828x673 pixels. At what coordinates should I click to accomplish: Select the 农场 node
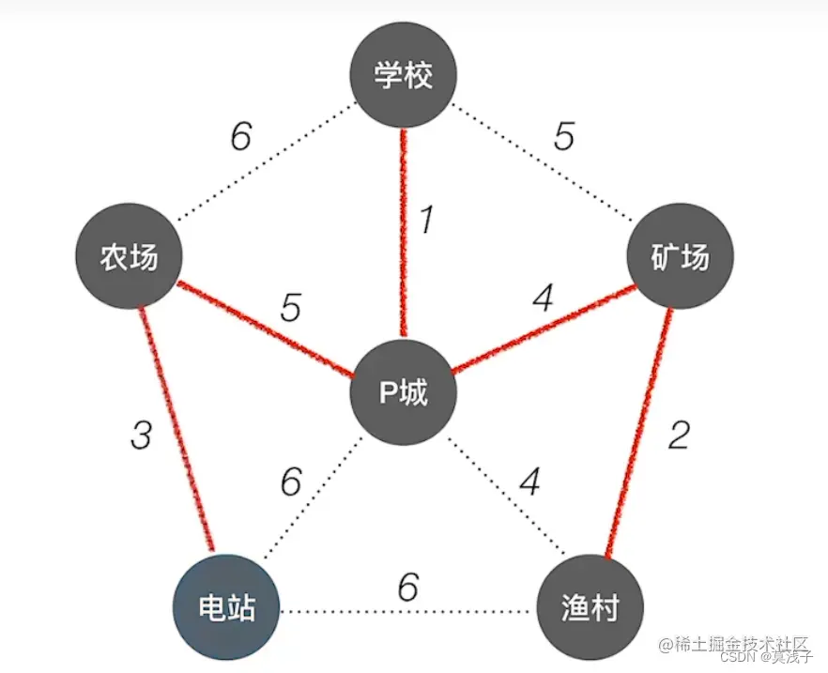click(x=130, y=258)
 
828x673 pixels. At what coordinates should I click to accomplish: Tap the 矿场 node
click(x=680, y=257)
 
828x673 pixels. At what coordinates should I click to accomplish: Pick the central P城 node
click(x=404, y=392)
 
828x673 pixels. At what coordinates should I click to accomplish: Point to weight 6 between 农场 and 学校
click(x=241, y=137)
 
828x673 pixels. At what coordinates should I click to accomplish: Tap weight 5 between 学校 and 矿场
click(x=563, y=137)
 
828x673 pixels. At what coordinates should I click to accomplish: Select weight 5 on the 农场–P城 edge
click(x=291, y=308)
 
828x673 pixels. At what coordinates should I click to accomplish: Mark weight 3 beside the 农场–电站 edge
click(x=141, y=436)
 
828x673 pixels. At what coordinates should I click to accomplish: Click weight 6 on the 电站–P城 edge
click(x=291, y=482)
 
